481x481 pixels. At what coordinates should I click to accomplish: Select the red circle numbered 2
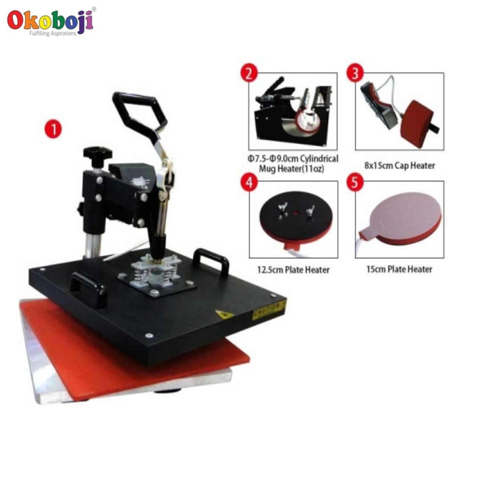[x=249, y=73]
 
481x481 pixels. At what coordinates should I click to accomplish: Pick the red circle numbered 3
[x=355, y=73]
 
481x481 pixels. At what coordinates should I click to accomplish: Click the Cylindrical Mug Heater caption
[x=293, y=164]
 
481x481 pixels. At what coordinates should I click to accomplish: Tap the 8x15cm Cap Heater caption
[x=400, y=165]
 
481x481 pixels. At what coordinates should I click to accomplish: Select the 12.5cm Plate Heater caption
[x=293, y=270]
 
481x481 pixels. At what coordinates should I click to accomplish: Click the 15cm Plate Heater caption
[x=399, y=269]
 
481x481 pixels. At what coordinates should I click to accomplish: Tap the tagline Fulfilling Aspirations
[x=53, y=33]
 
